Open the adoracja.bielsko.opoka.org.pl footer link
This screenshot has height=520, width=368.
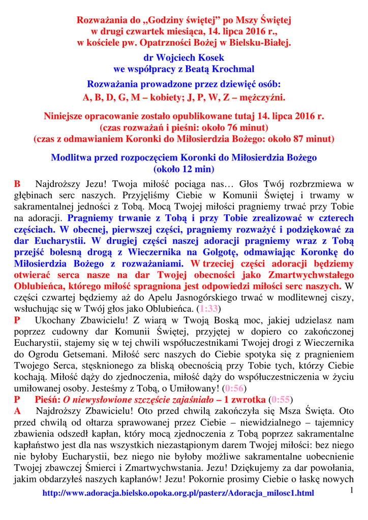click(178, 493)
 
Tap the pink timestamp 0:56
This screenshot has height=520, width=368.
click(234, 388)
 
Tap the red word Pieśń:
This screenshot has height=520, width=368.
click(48, 399)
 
